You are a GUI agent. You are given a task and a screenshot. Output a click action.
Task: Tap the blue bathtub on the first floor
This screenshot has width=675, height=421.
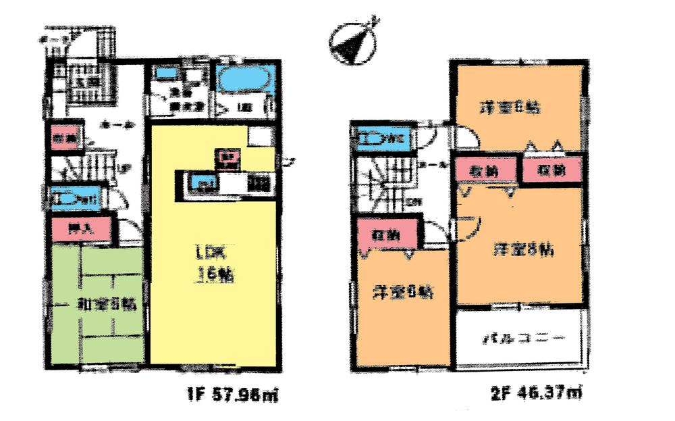point(246,79)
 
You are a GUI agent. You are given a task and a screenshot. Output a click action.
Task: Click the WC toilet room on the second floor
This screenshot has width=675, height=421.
point(382,139)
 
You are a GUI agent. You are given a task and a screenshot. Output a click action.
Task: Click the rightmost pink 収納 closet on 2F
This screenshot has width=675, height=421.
point(552,170)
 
